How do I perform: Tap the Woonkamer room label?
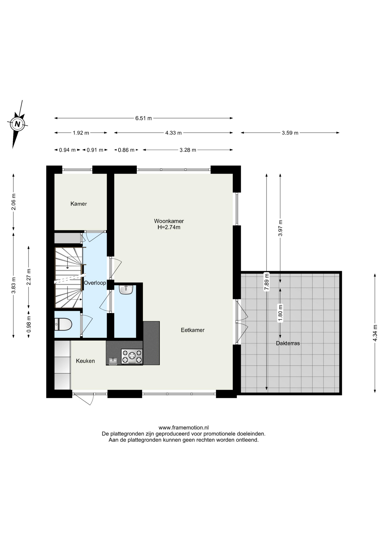169,221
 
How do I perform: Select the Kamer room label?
79,204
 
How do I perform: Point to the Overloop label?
95,283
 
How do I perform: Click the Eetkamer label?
193,330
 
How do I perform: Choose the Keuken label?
85,361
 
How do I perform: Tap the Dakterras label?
288,343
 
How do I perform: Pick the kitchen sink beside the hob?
113,361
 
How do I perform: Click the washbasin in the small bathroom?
126,290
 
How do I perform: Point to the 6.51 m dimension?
144,118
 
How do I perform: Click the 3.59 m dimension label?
290,133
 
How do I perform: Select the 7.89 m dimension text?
266,282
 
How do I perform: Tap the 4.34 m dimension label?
375,332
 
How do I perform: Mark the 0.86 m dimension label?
126,150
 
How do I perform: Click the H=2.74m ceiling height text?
169,227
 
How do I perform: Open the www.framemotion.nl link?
184,428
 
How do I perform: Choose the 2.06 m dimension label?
13,202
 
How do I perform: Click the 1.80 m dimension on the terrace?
280,313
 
